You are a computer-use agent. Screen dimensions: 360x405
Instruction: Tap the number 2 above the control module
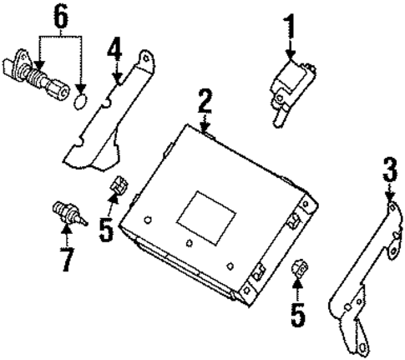pyautogui.click(x=205, y=104)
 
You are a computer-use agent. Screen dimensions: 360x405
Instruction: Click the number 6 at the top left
pyautogui.click(x=58, y=17)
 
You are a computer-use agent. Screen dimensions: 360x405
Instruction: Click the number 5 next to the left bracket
pyautogui.click(x=106, y=228)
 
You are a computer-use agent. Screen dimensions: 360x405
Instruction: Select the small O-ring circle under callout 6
pyautogui.click(x=80, y=102)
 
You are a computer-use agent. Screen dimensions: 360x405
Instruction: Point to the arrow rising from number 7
pyautogui.click(x=66, y=234)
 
